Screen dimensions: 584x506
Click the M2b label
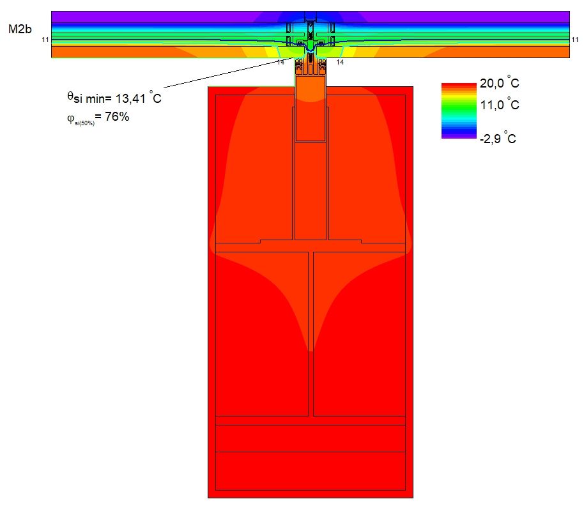[20, 29]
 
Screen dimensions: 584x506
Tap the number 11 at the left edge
[45, 40]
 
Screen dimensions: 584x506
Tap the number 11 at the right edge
[574, 40]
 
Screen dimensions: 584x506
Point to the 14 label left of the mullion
[281, 62]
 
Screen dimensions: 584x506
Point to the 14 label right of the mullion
[340, 62]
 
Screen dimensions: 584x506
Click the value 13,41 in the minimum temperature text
[130, 98]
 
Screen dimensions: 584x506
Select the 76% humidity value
[117, 116]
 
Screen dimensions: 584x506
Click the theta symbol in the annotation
[70, 96]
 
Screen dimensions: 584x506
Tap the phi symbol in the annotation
[70, 118]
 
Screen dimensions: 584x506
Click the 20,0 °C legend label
[499, 82]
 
